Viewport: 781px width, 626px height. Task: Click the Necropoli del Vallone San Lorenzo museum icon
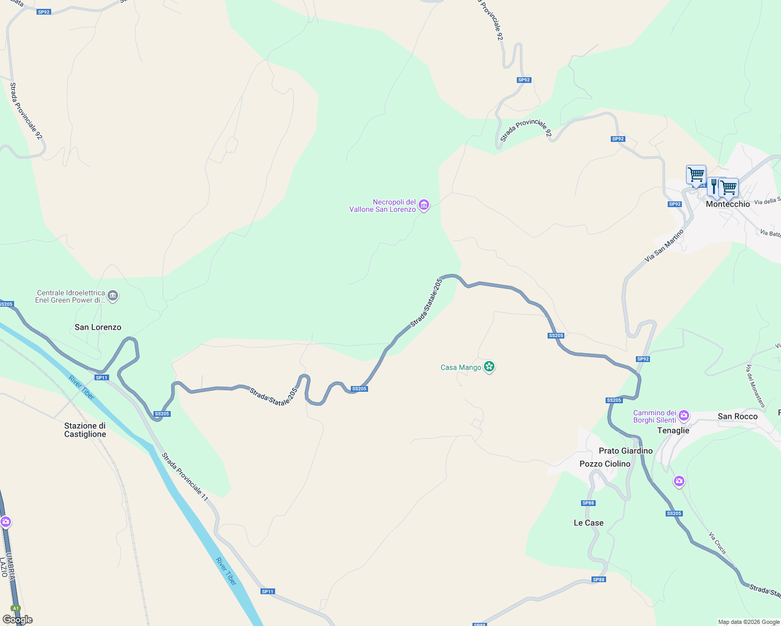[424, 206]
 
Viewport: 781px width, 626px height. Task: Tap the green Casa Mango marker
[489, 367]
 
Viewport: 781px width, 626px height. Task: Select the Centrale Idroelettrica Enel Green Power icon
[113, 296]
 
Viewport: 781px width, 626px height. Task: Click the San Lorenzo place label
[98, 327]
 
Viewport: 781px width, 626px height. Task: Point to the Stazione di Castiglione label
[85, 430]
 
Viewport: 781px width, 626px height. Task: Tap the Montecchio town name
[728, 204]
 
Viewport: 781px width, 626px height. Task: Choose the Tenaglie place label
[673, 430]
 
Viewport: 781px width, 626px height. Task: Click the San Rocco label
[737, 416]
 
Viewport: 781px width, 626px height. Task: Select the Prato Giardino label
[625, 451]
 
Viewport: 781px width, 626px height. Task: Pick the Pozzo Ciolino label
[605, 464]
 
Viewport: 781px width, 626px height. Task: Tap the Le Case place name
[588, 523]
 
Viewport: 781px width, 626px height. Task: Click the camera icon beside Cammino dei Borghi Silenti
[684, 416]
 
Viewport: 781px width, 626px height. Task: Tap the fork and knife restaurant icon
[714, 185]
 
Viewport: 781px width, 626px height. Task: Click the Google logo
[18, 620]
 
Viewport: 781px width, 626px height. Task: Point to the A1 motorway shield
[16, 608]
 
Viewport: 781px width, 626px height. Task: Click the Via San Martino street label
[664, 246]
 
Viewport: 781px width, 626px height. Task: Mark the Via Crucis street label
[717, 543]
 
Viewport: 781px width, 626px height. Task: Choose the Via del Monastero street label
[755, 386]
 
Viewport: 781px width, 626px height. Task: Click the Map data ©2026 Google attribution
[749, 622]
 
